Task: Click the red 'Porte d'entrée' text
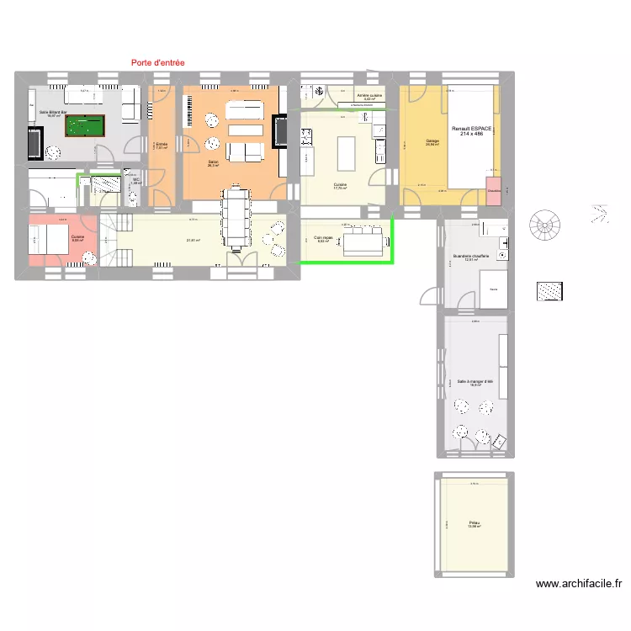158,62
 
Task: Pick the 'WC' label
136,180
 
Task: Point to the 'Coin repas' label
322,239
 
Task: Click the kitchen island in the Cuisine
346,153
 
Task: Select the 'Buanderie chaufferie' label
470,257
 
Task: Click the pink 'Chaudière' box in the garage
493,189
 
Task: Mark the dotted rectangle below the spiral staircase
550,291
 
